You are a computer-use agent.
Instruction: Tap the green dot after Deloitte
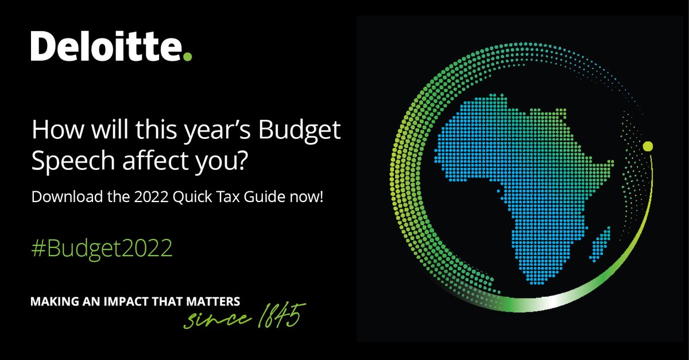pyautogui.click(x=187, y=56)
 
